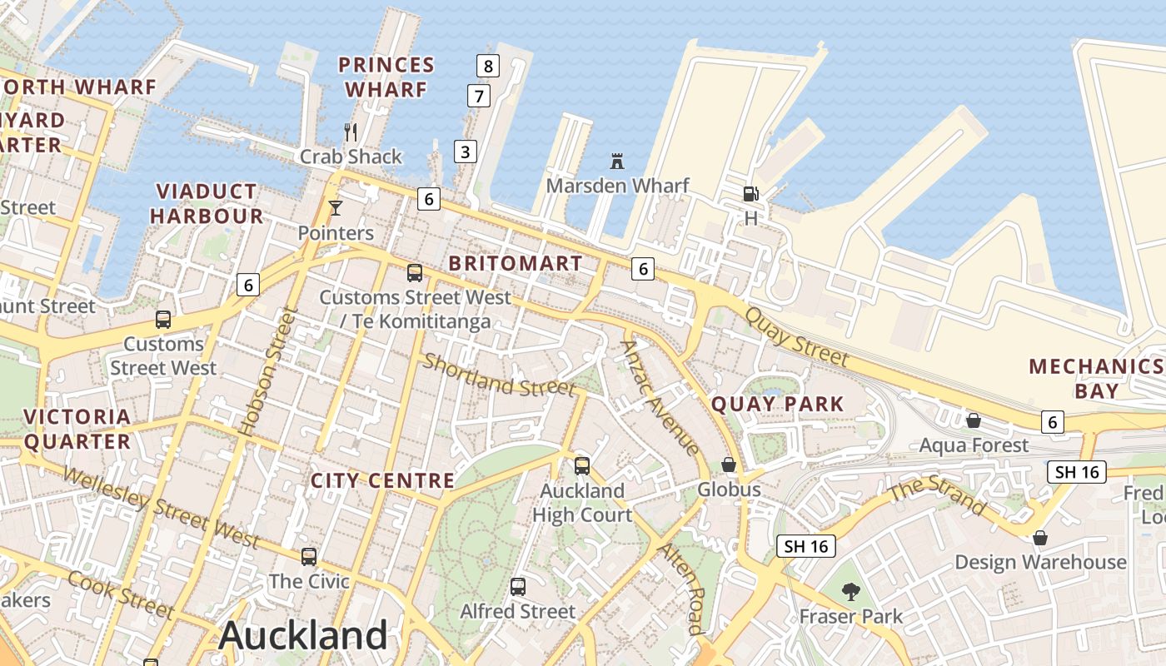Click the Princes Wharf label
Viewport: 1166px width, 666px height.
(386, 77)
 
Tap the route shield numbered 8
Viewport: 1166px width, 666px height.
(488, 66)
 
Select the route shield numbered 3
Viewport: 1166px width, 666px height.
(466, 152)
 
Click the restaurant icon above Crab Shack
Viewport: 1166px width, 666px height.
(351, 132)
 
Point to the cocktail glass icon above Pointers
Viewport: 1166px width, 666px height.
(336, 208)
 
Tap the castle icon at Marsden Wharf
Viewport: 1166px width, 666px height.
(617, 161)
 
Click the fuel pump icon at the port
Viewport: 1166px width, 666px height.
(750, 194)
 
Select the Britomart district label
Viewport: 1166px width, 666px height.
(516, 263)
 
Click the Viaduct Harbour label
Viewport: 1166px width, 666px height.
(207, 204)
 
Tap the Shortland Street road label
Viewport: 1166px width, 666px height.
(498, 375)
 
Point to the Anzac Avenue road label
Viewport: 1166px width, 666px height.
(660, 398)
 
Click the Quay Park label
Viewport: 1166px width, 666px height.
(777, 405)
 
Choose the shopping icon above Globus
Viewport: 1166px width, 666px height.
(729, 465)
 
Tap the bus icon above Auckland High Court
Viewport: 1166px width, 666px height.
(582, 466)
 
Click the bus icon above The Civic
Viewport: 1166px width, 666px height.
(309, 556)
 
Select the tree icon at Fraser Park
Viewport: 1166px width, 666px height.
(850, 592)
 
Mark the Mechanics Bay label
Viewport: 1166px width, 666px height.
(1096, 379)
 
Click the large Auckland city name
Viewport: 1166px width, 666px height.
(303, 636)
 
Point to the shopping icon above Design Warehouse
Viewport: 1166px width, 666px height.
(1039, 538)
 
